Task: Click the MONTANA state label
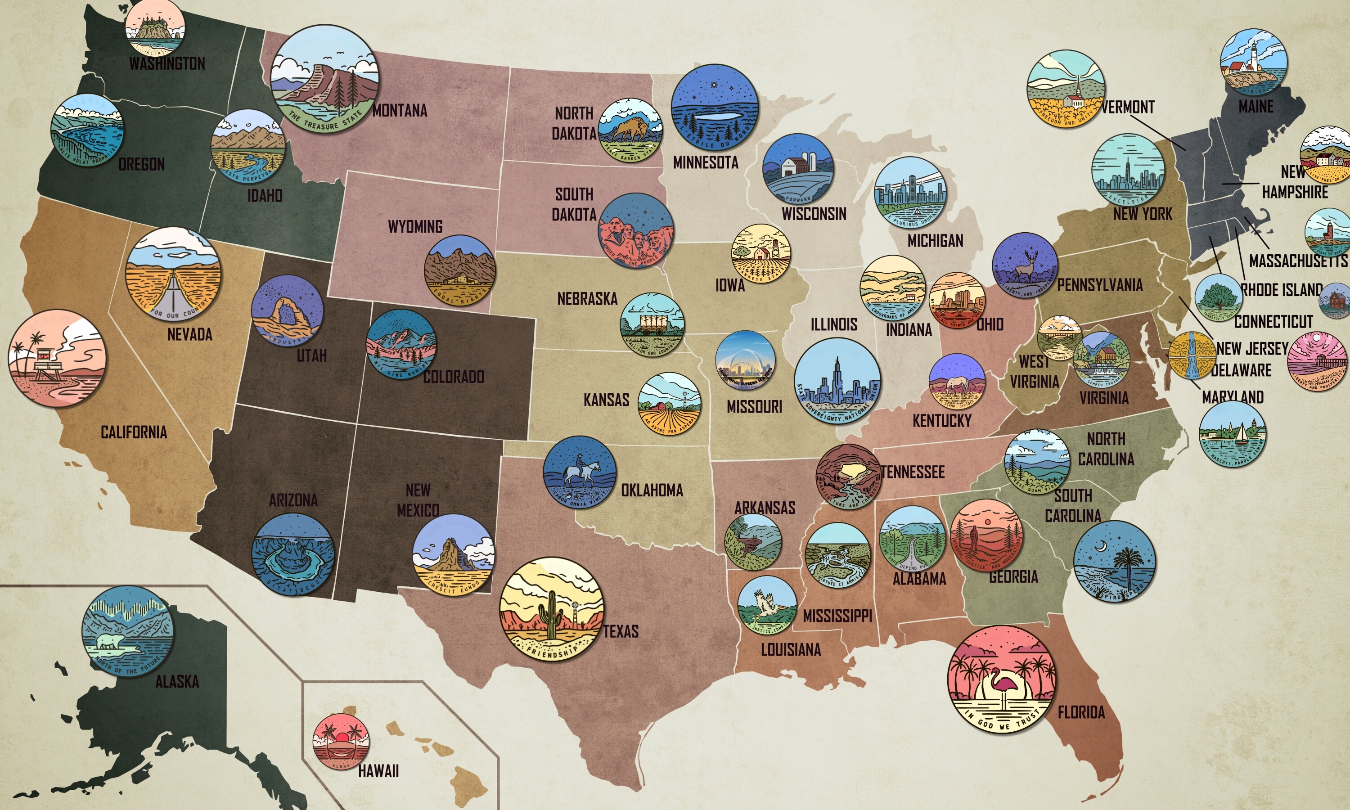tap(400, 111)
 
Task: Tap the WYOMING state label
tap(415, 226)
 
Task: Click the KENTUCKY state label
tap(942, 420)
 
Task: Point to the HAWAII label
tap(378, 771)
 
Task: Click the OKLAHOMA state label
tap(652, 490)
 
